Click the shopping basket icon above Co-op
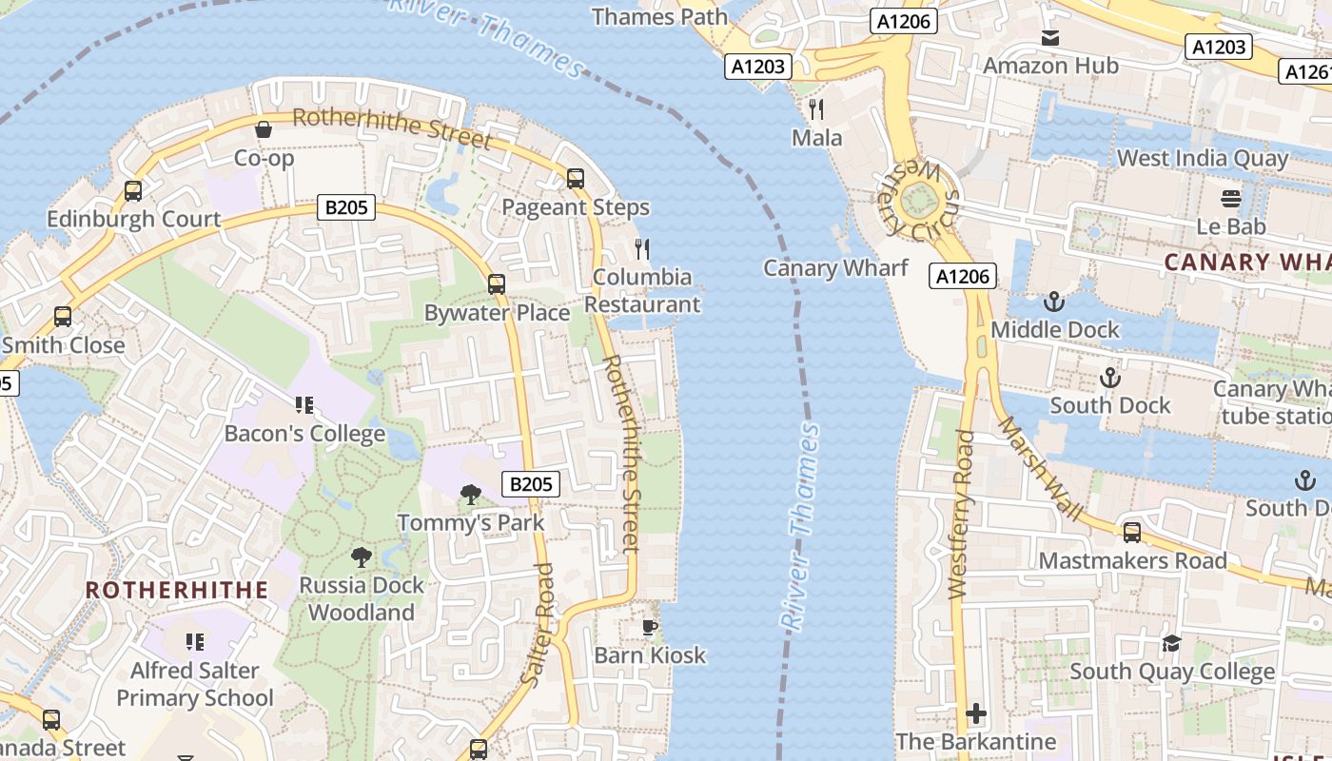[264, 128]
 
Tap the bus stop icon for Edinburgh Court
[133, 191]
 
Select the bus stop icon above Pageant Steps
[575, 178]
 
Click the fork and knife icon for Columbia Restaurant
[642, 249]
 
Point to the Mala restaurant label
[816, 138]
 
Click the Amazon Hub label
[1050, 66]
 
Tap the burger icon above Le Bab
[1231, 199]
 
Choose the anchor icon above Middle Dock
[1053, 302]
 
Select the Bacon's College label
[304, 434]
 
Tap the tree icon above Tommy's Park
[470, 494]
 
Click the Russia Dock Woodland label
[362, 598]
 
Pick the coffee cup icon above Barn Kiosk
[650, 626]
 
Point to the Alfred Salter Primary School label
[195, 684]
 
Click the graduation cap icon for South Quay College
[1171, 644]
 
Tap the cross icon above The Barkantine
[976, 713]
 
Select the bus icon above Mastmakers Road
[1132, 533]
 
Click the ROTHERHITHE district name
[177, 590]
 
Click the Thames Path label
[659, 16]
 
